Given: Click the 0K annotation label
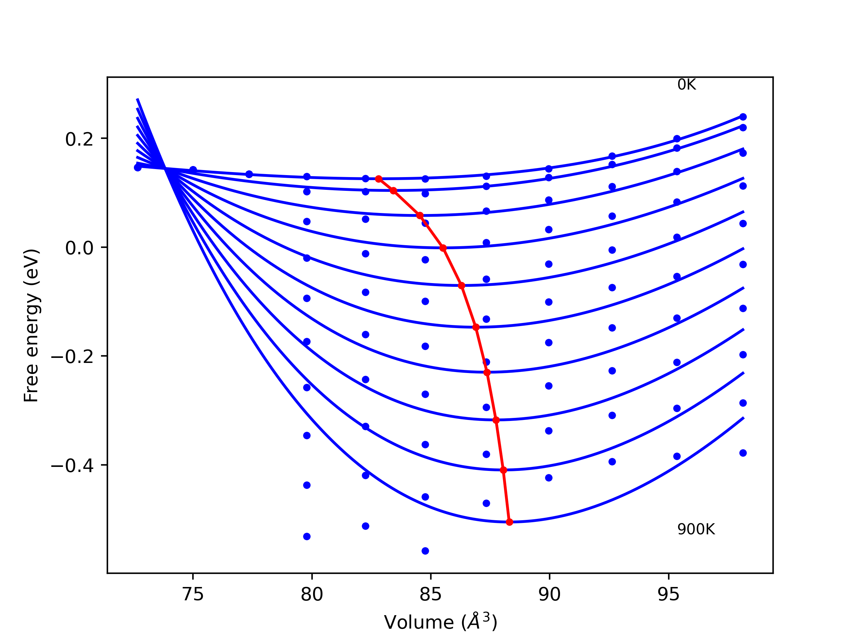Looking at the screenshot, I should pos(686,85).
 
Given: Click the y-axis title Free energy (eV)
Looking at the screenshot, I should pos(31,325).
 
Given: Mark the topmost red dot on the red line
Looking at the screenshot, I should pos(378,179).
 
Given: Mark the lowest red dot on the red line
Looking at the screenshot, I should pos(509,522).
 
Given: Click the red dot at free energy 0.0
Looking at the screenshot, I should pos(443,248).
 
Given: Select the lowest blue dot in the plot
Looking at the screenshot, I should pos(425,551).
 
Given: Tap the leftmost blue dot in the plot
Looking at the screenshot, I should pos(138,168).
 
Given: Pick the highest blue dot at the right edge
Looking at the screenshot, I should pos(743,117).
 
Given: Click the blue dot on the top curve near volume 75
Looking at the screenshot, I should pos(193,170).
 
